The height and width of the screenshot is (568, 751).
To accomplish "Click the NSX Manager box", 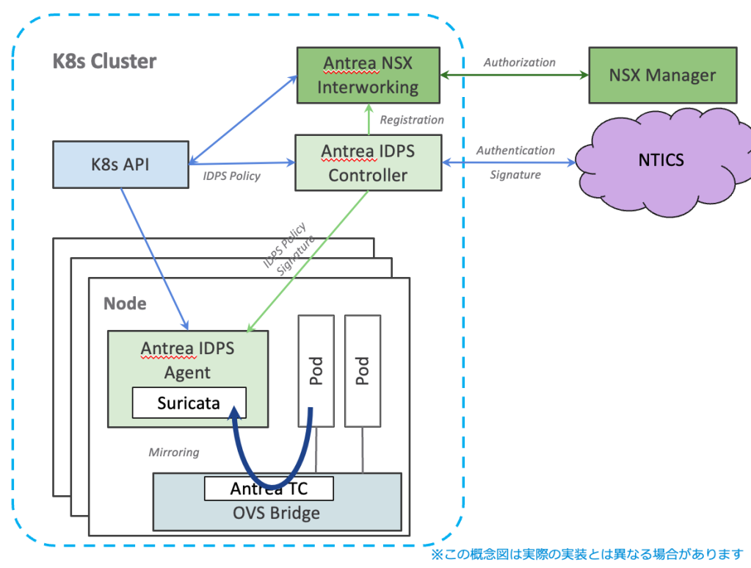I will click(662, 75).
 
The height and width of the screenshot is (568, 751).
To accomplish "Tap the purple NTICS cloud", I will click(661, 160).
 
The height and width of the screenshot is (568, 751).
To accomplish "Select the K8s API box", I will click(120, 164).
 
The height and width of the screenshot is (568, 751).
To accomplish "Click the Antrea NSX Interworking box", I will click(368, 75).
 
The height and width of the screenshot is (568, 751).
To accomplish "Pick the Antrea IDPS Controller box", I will click(368, 163).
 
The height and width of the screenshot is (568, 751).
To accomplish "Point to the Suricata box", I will click(188, 403).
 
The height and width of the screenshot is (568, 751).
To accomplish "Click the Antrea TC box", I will click(268, 489).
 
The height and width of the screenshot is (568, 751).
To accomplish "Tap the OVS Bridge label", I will click(277, 513).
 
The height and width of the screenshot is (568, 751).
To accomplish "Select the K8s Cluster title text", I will click(104, 61).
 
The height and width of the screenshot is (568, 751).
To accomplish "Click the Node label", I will click(125, 303).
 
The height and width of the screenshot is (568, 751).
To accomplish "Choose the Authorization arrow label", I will click(519, 62).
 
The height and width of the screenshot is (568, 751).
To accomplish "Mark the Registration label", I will click(412, 120).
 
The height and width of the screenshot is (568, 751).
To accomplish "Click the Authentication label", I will click(515, 151).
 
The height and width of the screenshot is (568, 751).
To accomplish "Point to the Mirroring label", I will click(174, 452).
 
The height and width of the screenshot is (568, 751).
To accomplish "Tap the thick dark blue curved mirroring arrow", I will click(270, 481).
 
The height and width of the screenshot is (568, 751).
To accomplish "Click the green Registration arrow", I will click(368, 118).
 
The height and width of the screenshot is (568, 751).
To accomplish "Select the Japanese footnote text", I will click(587, 553).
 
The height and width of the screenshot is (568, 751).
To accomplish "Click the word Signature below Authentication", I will click(515, 175).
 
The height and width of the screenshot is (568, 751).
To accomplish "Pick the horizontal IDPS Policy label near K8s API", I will click(231, 176).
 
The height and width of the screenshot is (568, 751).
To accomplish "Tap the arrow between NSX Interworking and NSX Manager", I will click(514, 75).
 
